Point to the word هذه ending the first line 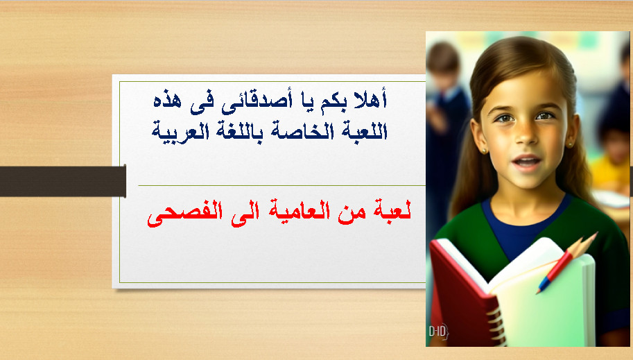pos(168,101)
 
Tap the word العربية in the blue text pos(180,131)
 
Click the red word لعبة pos(391,211)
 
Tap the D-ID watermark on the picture pos(438,332)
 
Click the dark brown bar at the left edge pos(63,181)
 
